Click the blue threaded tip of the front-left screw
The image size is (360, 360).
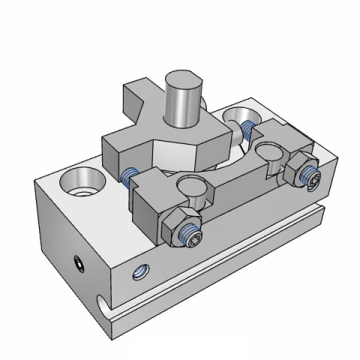tap(192, 237)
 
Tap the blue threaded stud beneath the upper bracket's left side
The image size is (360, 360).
tap(130, 178)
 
